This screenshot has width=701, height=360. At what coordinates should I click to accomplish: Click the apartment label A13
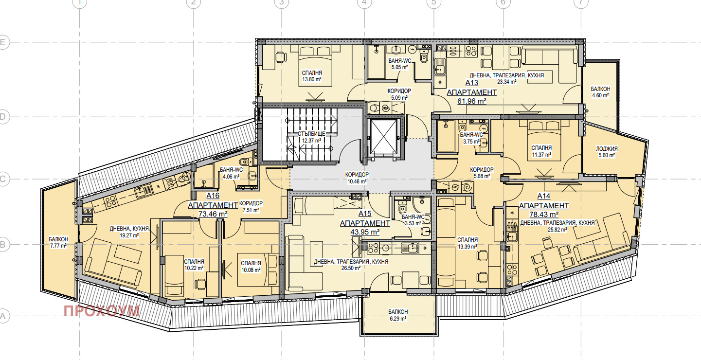coord(471,83)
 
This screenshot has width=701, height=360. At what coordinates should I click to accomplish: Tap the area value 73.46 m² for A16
coord(213,214)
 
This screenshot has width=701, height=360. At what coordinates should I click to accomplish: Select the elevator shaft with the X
coord(384,137)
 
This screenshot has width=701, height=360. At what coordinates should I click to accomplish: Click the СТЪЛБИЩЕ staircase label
coord(311,134)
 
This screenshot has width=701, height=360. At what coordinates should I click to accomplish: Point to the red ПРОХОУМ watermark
coord(102,311)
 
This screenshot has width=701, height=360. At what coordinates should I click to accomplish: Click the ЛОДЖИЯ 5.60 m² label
coord(607,152)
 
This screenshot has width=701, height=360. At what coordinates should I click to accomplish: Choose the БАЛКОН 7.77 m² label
coord(58,242)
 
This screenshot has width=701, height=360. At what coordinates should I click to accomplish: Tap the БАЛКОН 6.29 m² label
coord(398,315)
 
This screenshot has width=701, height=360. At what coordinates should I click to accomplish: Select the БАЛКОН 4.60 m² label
coord(600,92)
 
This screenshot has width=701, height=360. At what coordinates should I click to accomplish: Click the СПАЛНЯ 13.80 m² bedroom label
coord(312,76)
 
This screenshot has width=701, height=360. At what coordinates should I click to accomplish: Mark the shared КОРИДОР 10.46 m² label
coord(357,178)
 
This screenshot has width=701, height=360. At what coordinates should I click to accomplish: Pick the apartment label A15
coord(365,214)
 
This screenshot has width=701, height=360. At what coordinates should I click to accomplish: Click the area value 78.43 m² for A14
coord(544,215)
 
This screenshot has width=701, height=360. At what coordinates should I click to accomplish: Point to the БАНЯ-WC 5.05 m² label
coord(399,64)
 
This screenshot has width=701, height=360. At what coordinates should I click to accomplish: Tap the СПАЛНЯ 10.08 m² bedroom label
coord(251,267)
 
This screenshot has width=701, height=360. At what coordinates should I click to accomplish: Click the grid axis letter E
coord(2,42)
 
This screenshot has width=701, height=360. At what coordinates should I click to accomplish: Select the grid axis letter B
coord(2,245)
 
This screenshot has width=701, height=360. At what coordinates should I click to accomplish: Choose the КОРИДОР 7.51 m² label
coord(251,207)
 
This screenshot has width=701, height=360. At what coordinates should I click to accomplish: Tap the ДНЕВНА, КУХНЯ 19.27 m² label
coord(129,232)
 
